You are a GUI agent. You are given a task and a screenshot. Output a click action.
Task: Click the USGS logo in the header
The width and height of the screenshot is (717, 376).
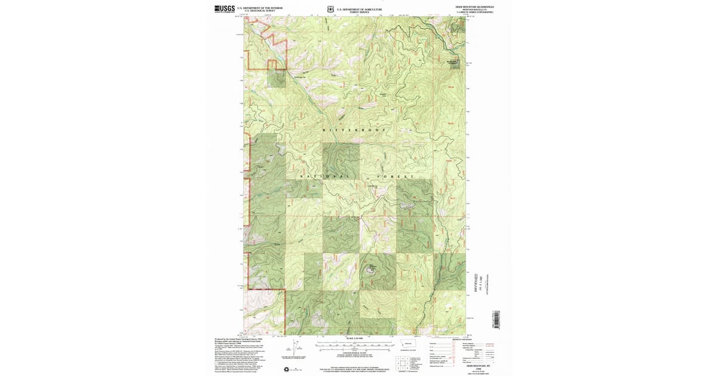224,8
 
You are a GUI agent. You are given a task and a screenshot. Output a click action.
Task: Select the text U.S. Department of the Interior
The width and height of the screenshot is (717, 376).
259,8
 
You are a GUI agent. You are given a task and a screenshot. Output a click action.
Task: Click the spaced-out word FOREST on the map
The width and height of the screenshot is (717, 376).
396,177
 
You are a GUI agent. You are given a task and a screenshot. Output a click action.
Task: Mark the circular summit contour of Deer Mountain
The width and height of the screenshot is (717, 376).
372,269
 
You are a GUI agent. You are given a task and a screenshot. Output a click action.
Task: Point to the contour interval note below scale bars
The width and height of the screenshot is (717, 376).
355,353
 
